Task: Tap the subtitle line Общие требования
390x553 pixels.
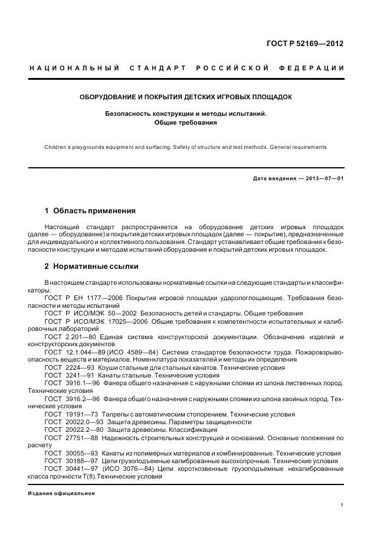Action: pyautogui.click(x=186, y=123)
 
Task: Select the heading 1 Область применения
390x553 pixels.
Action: pyautogui.click(x=90, y=210)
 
